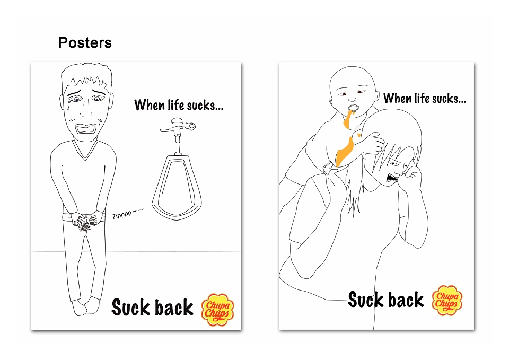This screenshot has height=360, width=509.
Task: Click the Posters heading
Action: [x=85, y=42]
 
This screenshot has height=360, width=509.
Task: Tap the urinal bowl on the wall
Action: [x=177, y=188]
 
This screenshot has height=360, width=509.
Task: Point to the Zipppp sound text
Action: [x=128, y=213]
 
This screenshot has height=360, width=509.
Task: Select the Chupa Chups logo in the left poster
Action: [x=217, y=310]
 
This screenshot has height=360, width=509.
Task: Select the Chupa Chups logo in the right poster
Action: [x=447, y=300]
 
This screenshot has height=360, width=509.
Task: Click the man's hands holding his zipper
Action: [x=85, y=221]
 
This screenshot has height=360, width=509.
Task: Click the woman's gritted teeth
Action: [x=391, y=177]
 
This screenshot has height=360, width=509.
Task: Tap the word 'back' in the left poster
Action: [x=174, y=307]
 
